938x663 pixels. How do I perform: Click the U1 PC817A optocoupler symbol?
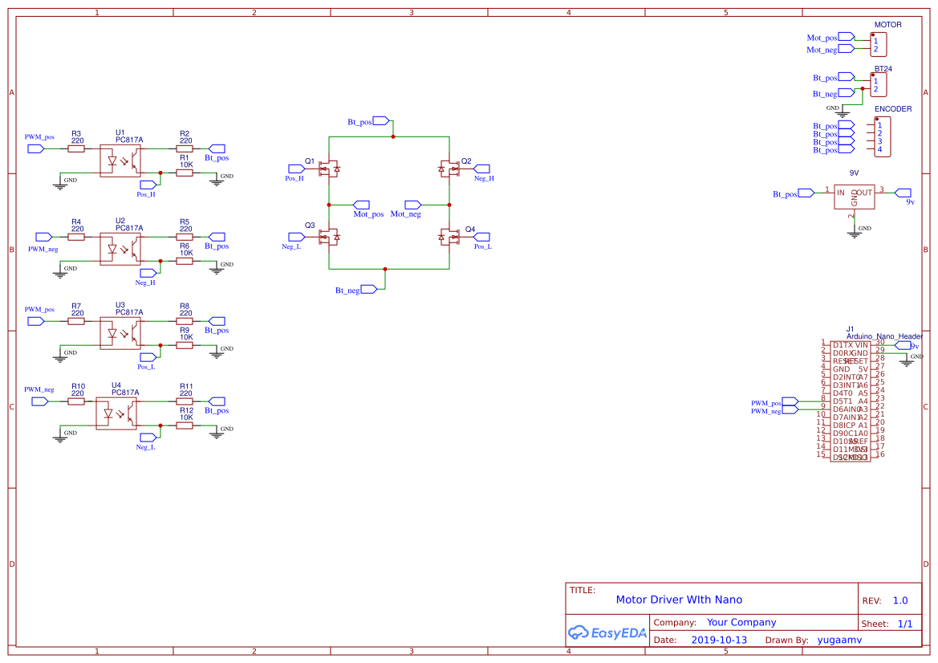[x=120, y=161]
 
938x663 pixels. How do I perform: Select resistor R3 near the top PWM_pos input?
[x=76, y=148]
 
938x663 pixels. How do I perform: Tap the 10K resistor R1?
[x=185, y=173]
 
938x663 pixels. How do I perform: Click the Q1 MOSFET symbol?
[x=329, y=169]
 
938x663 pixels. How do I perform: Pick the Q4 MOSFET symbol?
[x=449, y=237]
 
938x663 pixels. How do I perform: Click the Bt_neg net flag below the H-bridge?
[x=369, y=289]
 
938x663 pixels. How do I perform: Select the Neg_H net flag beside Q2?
[x=481, y=169]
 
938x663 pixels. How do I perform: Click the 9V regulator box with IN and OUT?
[x=854, y=196]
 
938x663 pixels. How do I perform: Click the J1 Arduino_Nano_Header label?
[x=879, y=336]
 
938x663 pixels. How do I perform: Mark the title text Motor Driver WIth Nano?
[x=679, y=600]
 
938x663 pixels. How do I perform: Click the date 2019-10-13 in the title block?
[x=718, y=640]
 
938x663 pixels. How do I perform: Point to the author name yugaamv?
[x=839, y=640]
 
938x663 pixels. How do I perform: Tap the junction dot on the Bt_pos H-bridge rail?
[x=393, y=137]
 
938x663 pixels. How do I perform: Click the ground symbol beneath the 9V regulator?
[x=853, y=233]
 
